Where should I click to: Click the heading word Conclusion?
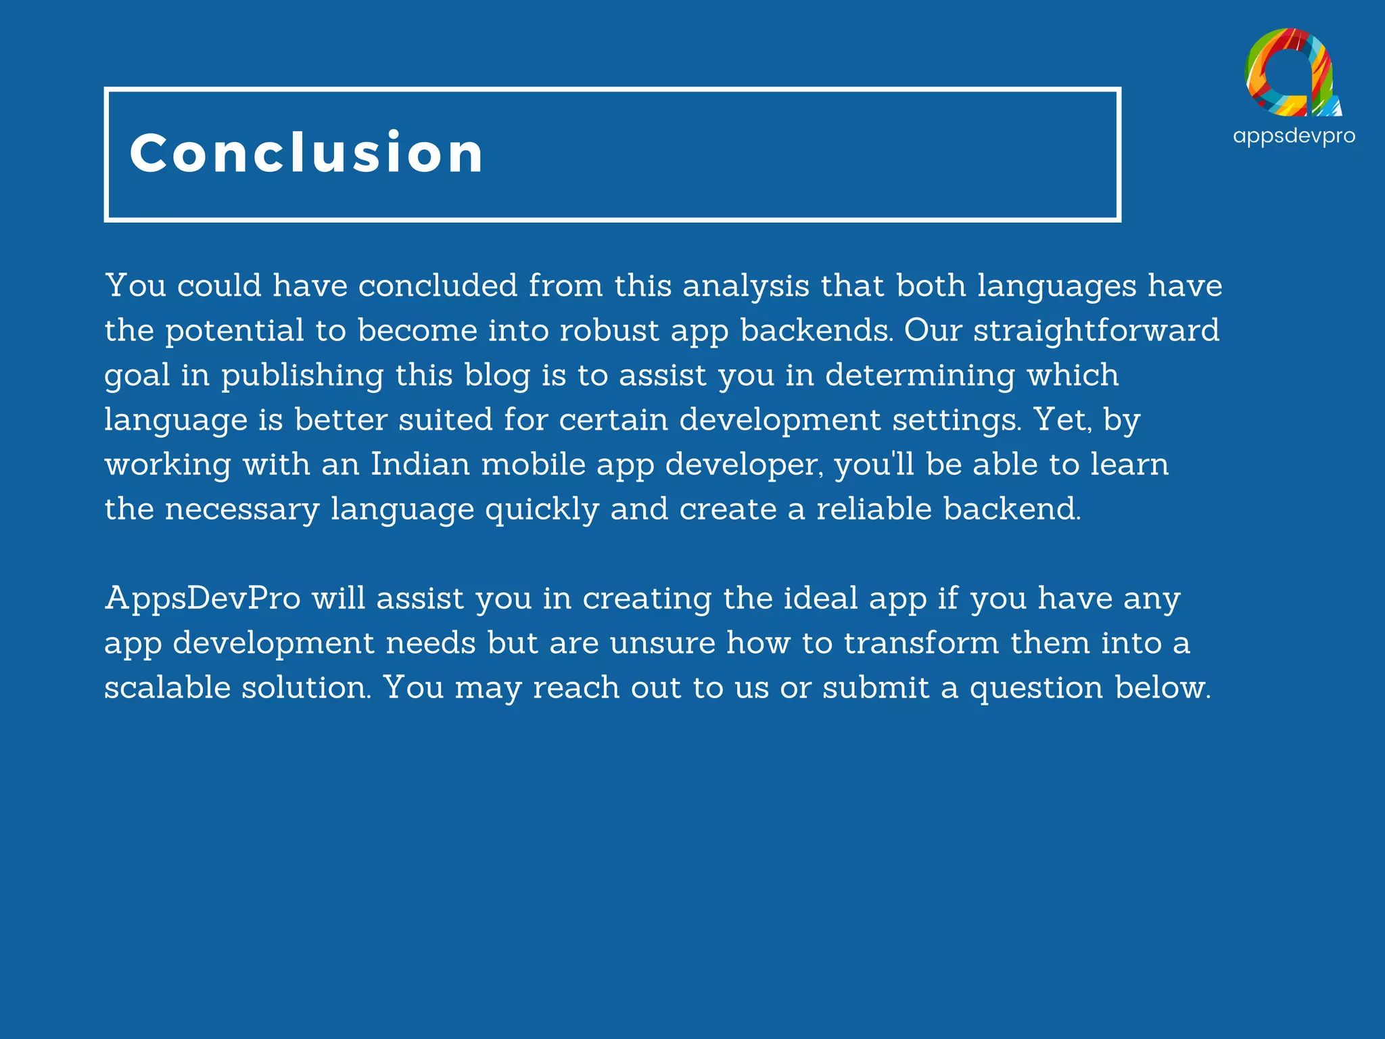(x=306, y=153)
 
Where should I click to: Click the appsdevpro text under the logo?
(x=1294, y=137)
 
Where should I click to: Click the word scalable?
(x=167, y=688)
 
